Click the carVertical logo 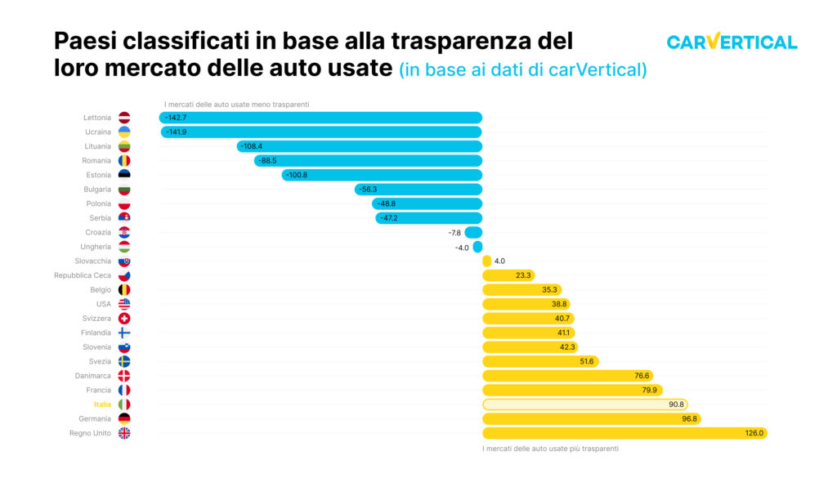732,42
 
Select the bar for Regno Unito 624,433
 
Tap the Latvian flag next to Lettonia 124,118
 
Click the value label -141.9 176,132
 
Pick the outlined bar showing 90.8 584,404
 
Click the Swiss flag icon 124,319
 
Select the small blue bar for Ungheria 477,247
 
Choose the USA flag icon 124,304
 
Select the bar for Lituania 360,146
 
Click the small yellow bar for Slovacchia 487,261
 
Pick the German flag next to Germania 124,418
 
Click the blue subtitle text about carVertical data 523,69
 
